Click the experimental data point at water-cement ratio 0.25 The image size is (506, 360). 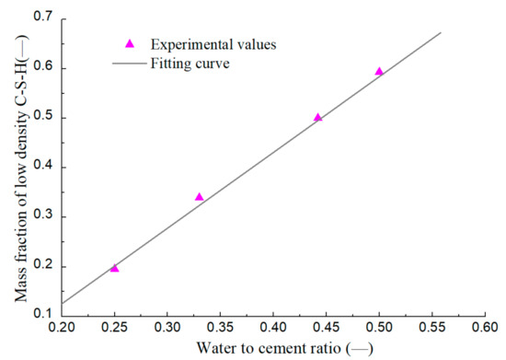tap(115, 268)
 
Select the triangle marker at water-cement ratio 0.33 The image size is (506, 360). tap(200, 197)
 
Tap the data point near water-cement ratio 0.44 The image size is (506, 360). tap(318, 117)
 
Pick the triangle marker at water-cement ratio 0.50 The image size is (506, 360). tap(379, 71)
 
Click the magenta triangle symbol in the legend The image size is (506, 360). tap(129, 43)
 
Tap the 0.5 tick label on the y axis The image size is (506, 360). tap(42, 118)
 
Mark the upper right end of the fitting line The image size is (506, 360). tap(442, 32)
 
